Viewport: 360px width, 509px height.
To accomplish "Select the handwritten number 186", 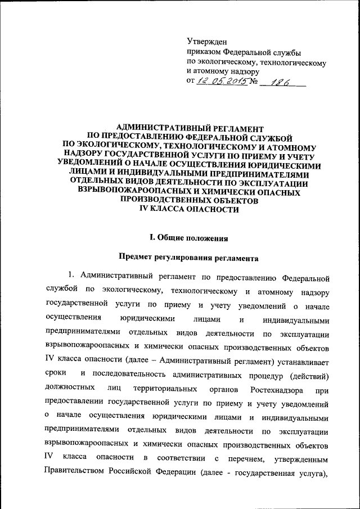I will pos(279,83).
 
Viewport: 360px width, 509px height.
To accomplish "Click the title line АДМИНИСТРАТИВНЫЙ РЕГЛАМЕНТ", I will pos(185,130).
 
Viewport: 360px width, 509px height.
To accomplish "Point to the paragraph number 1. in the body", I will pos(71,278).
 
